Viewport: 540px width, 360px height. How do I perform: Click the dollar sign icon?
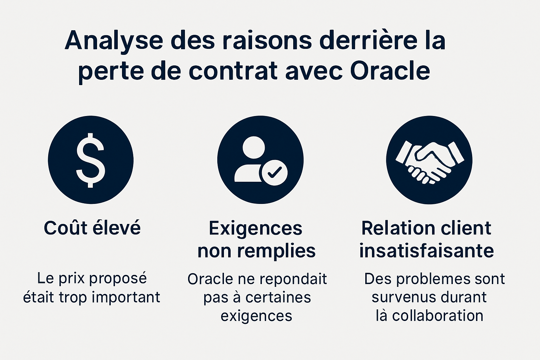91,160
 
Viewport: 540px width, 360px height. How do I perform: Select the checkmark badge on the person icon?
274,172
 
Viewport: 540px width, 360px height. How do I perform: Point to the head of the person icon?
253,148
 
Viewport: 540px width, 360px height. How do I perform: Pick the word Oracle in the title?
390,71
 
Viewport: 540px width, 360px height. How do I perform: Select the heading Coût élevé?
92,228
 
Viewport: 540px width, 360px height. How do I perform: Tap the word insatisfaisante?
426,251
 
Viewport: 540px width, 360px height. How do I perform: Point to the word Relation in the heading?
396,228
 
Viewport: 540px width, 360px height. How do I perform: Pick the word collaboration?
438,316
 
